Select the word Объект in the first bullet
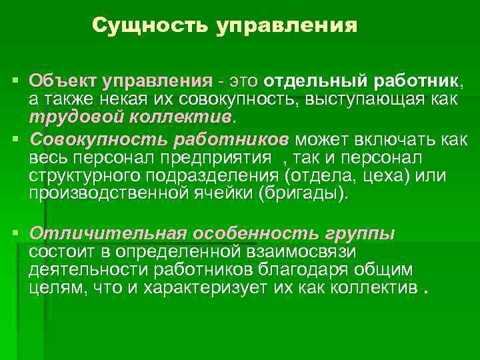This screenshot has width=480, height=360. [62, 81]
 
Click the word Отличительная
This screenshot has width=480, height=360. [107, 234]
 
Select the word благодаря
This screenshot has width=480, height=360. [303, 270]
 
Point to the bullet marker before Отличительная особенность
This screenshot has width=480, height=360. [17, 234]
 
